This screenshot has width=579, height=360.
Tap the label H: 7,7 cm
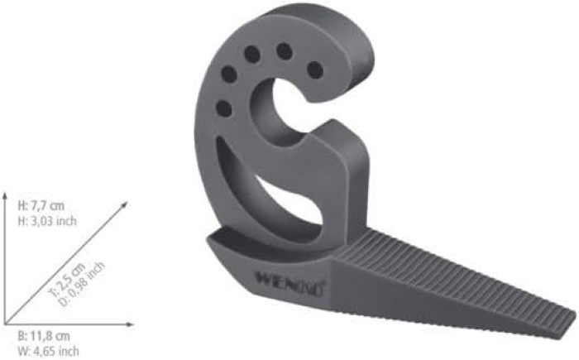[41, 205]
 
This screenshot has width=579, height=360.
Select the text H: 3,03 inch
[47, 221]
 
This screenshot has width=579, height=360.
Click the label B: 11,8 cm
[44, 336]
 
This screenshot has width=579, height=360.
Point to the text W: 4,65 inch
[48, 351]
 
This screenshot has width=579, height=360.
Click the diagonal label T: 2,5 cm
[67, 280]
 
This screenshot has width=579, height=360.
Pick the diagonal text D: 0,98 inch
[82, 284]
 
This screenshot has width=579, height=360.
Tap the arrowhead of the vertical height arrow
[5, 195]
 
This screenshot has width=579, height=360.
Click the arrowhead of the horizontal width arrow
[130, 324]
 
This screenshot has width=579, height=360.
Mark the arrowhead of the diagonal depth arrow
[124, 204]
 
